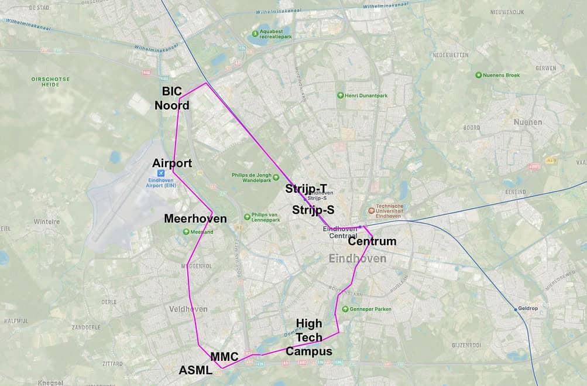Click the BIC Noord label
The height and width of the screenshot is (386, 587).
tap(171, 98)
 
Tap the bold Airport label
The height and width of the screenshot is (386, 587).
tap(172, 163)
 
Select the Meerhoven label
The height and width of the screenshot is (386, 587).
tap(195, 218)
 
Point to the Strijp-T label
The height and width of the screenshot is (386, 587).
tap(306, 189)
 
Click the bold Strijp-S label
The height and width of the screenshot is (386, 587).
tap(313, 210)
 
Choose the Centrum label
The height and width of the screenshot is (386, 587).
tap(372, 241)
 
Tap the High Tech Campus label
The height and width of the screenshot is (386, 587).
tap(309, 337)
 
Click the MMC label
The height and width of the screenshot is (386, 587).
tap(224, 357)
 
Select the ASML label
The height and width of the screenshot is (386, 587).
tap(195, 370)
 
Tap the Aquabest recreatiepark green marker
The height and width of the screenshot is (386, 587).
tap(255, 33)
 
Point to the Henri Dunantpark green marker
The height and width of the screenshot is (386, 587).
tap(340, 95)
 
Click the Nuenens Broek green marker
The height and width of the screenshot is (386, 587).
tap(479, 75)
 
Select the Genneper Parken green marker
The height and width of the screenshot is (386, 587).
tap(345, 309)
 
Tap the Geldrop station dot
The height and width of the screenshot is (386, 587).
tap(516, 309)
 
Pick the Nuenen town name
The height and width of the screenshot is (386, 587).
tap(527, 122)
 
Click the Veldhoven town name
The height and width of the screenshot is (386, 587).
tap(188, 309)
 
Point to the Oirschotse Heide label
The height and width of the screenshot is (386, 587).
tap(50, 82)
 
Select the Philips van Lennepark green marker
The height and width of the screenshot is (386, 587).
tap(246, 215)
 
